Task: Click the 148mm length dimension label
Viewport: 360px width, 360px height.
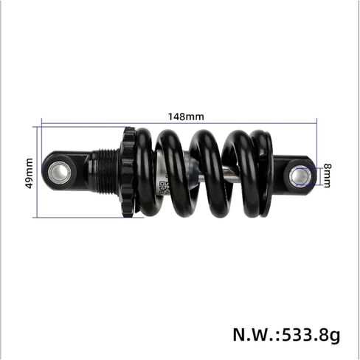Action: pos(186,117)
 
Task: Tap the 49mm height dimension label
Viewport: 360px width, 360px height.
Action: pos(30,173)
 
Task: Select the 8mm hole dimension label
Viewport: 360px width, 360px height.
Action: pos(327,176)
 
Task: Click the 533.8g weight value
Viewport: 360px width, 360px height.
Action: pos(311,335)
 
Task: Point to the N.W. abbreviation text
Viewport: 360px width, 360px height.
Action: pos(255,334)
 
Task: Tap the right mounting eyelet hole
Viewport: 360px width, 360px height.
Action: pos(300,176)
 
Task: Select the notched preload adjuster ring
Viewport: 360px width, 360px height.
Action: pos(128,172)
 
